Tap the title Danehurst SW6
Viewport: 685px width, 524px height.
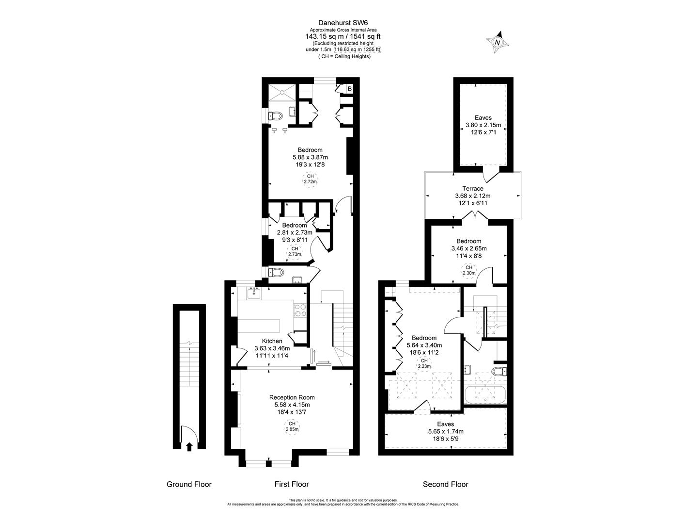click(342, 22)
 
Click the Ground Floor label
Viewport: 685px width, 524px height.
click(189, 484)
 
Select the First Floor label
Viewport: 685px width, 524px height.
click(292, 484)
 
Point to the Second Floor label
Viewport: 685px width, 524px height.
click(445, 484)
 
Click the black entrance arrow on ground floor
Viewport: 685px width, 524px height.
click(189, 446)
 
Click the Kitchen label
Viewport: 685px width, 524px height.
click(272, 341)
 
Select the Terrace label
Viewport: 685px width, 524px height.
click(472, 189)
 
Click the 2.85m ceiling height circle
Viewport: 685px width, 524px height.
click(292, 426)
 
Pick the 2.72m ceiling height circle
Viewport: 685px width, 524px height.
click(310, 179)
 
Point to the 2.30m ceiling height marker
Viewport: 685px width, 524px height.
click(468, 270)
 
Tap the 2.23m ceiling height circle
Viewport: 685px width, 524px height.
click(424, 363)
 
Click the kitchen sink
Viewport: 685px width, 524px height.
click(254, 293)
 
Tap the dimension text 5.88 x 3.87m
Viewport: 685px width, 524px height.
click(310, 157)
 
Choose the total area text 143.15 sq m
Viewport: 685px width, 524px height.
click(325, 36)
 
